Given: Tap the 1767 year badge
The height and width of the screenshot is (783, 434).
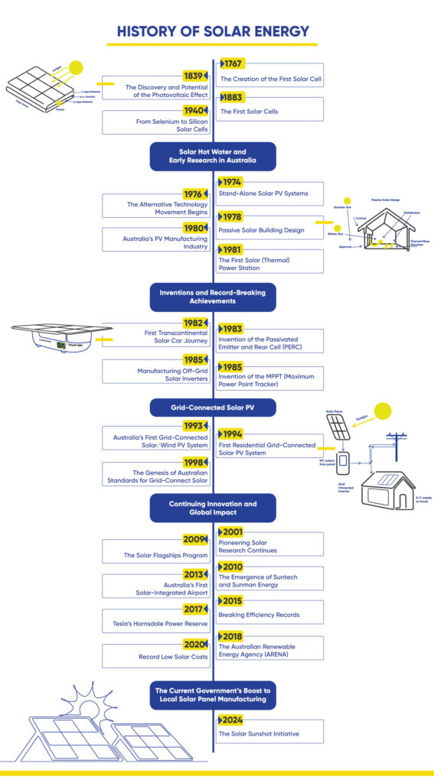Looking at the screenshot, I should (x=233, y=63).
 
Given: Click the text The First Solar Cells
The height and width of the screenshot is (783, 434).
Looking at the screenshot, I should (x=249, y=112).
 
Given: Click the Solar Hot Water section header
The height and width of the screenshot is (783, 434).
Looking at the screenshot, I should (x=212, y=156).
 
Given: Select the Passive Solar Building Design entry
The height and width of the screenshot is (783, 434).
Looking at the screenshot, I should (x=262, y=229).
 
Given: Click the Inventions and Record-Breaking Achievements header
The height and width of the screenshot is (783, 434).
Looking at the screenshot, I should (x=212, y=296).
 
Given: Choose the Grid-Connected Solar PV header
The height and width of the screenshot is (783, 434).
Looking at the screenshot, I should (x=212, y=408).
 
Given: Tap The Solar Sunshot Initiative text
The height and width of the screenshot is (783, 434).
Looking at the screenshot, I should (x=259, y=733).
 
